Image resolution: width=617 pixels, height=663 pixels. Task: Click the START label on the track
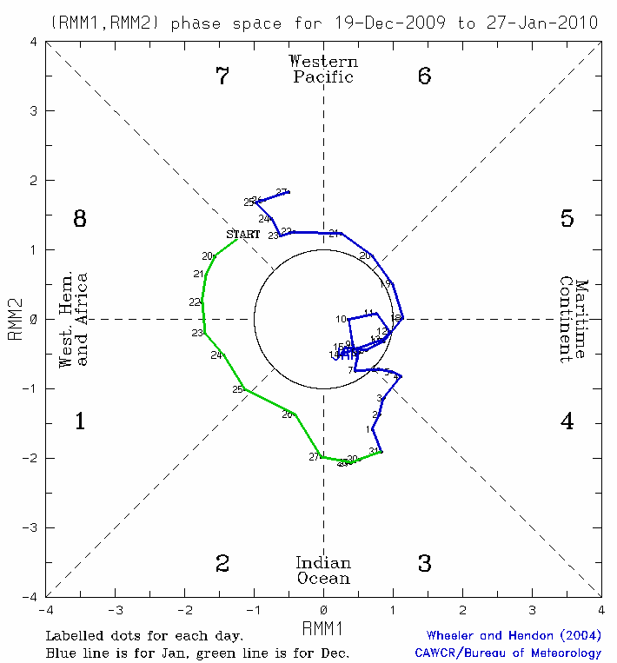[x=243, y=235]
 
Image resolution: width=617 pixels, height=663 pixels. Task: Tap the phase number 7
[x=222, y=76]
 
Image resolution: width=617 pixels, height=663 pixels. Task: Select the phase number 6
[x=424, y=76]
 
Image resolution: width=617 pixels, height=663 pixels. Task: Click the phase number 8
[x=80, y=219]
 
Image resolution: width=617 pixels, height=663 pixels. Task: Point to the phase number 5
[x=567, y=219]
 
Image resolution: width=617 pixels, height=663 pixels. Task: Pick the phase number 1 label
[x=80, y=422]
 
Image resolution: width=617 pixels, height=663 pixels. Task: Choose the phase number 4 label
[x=567, y=422]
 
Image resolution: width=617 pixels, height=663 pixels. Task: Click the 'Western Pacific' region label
[x=323, y=69]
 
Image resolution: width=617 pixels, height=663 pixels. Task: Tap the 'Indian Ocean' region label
[x=323, y=571]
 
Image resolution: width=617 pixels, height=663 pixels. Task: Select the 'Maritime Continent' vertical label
[x=574, y=320]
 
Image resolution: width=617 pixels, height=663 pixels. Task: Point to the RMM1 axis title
[x=323, y=627]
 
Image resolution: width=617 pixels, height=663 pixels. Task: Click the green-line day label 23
[x=197, y=334]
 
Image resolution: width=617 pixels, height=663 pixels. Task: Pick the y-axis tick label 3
[x=32, y=111]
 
